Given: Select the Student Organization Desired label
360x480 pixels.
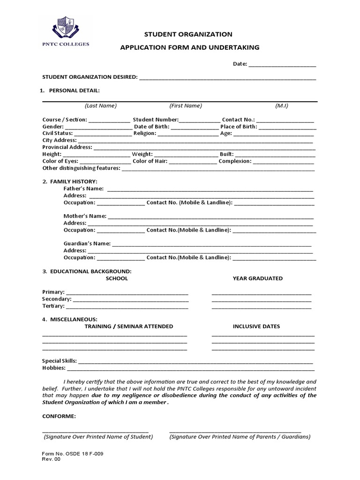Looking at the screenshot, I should [x=90, y=77].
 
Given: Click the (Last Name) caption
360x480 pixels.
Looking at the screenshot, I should [x=101, y=106].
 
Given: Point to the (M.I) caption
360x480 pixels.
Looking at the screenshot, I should [x=282, y=106].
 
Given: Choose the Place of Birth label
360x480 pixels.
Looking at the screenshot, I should [x=239, y=127].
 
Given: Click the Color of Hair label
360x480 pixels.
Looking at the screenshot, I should [x=150, y=161].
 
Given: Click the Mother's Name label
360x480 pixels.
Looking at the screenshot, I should [x=85, y=216].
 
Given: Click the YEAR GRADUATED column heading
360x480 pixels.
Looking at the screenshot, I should [x=258, y=278].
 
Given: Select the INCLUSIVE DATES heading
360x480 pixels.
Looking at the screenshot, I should [x=257, y=326].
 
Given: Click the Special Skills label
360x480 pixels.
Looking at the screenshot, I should [x=60, y=361].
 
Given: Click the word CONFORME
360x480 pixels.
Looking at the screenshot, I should [x=59, y=416].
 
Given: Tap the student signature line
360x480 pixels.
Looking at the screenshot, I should [x=95, y=431].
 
